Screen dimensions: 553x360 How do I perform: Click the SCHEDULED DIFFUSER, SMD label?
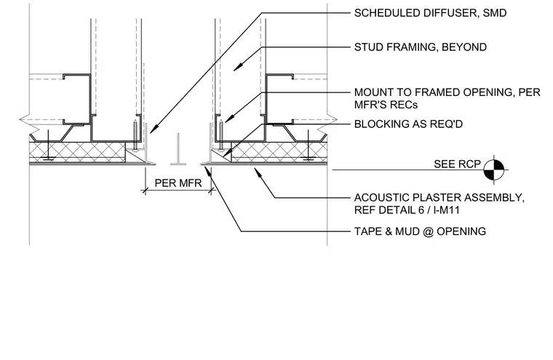tap(430, 13)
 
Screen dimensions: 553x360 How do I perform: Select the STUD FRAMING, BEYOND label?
tap(421, 47)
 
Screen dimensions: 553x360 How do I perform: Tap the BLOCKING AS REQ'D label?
tap(408, 124)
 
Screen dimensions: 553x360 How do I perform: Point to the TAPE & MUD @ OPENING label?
tap(420, 231)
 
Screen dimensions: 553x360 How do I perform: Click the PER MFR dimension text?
tap(178, 183)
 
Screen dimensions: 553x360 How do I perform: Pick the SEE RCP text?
tap(457, 164)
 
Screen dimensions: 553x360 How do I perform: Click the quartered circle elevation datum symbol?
tap(494, 169)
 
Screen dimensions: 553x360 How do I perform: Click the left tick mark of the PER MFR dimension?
tap(145, 191)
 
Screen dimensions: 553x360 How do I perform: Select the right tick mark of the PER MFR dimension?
tap(211, 191)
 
